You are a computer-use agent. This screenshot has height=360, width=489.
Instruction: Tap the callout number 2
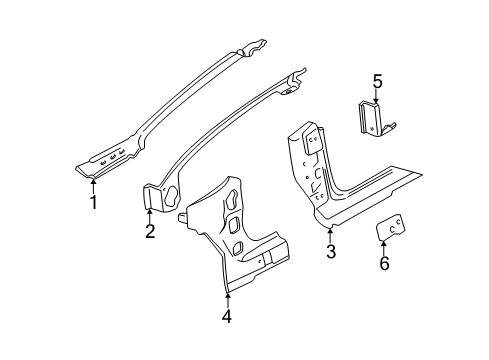[149, 233]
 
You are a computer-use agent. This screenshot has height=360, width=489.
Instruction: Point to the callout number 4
[227, 317]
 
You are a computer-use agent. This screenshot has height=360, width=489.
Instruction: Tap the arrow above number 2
[149, 211]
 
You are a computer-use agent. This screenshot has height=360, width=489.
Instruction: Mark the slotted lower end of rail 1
[105, 161]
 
